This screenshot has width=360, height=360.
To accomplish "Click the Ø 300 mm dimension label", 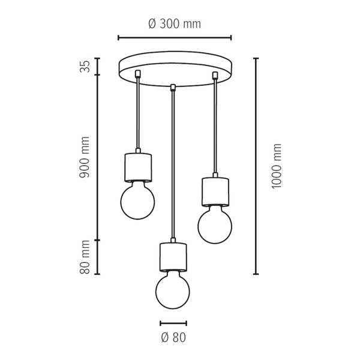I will tap(174, 24).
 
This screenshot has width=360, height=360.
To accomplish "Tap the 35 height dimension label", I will tap(85, 66).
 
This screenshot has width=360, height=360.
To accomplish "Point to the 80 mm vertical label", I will tap(85, 257).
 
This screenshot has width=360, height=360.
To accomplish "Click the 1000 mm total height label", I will tap(277, 166).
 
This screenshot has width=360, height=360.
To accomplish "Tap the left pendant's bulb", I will tap(137, 201).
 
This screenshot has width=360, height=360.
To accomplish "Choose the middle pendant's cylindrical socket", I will tap(173, 256).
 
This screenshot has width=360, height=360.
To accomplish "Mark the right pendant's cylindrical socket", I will tap(214, 190).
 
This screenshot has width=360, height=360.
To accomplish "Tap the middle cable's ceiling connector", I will tap(173, 88).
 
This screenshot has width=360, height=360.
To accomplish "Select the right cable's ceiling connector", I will tap(214, 74).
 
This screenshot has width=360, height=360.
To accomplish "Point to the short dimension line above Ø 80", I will tap(173, 322).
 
